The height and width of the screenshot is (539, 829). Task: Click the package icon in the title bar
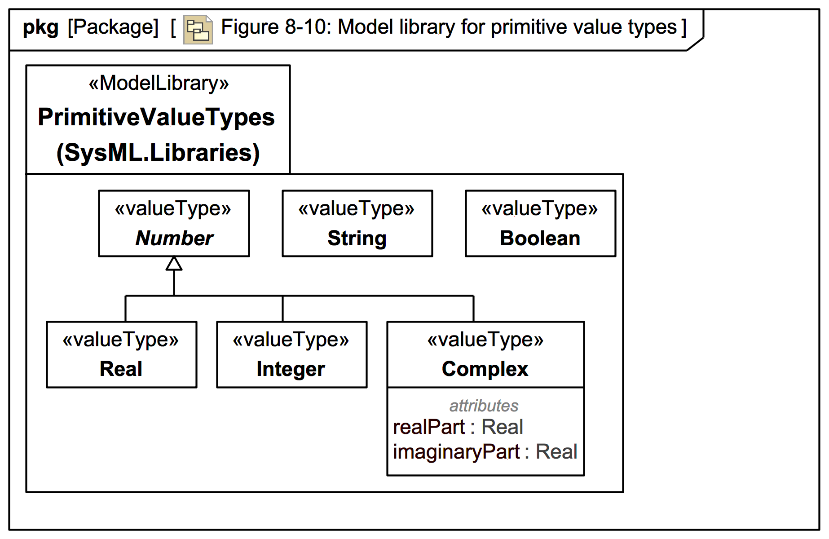click(198, 30)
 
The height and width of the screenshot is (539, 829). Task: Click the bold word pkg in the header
click(40, 27)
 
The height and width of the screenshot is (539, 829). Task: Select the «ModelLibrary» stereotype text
click(159, 83)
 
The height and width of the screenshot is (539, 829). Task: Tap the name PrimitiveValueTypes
click(156, 117)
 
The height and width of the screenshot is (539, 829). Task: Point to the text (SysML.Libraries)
click(158, 152)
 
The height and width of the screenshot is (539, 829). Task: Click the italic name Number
click(174, 238)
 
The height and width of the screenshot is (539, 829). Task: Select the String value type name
click(357, 238)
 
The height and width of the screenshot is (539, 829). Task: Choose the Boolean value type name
click(540, 238)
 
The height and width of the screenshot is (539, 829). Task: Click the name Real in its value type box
click(121, 369)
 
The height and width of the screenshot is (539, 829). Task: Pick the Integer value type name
click(291, 369)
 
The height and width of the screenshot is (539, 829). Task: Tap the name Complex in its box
click(485, 369)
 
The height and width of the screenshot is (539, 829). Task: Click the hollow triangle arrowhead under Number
click(174, 264)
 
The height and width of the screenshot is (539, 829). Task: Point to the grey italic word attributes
click(484, 406)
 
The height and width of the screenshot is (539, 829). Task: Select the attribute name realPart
click(429, 427)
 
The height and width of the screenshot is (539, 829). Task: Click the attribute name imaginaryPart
click(456, 451)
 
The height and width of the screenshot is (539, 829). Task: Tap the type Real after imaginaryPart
click(556, 451)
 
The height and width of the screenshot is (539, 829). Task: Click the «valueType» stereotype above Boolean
click(540, 208)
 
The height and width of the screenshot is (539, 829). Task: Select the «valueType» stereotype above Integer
click(291, 340)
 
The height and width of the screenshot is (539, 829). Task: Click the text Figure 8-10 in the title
click(276, 27)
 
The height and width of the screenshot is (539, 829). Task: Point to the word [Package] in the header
click(113, 27)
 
